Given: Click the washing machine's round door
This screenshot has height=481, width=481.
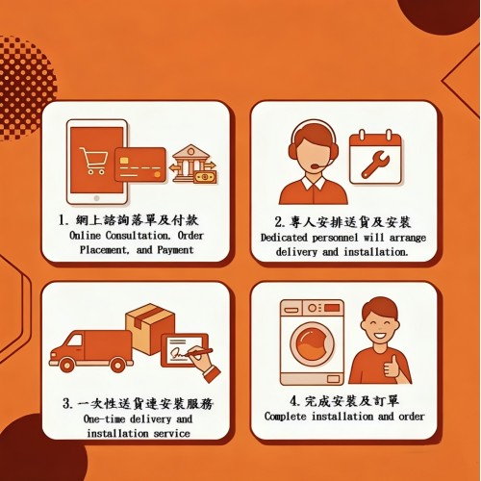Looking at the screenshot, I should tap(310, 349).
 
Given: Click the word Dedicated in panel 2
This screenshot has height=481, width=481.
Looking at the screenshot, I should tap(287, 237).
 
